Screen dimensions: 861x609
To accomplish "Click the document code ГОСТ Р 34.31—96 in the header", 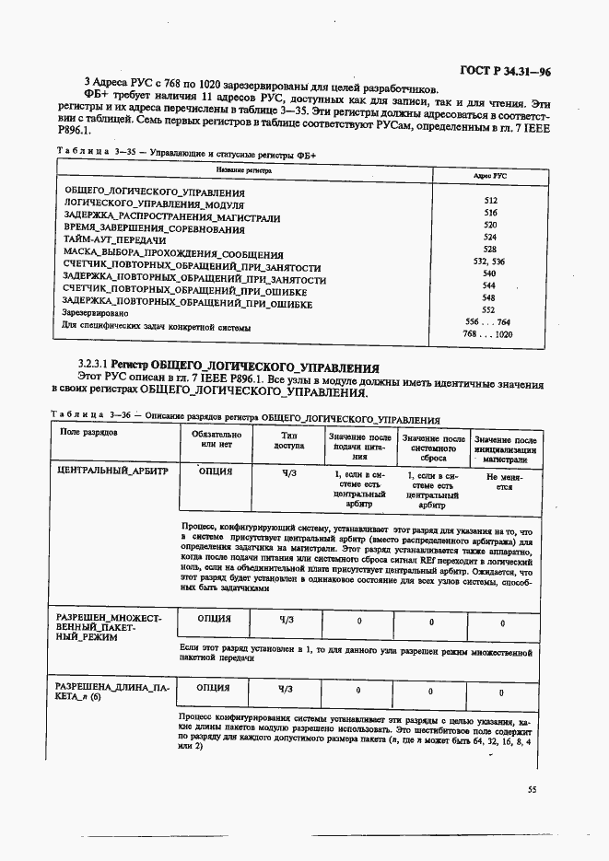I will pyautogui.click(x=505, y=71).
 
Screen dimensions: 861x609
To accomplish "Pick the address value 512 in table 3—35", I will pyautogui.click(x=490, y=200).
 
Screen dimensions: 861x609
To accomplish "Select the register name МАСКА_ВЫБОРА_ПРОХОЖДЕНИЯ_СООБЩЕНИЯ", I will pyautogui.click(x=172, y=253).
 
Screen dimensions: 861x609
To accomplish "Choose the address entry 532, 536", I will pyautogui.click(x=488, y=262).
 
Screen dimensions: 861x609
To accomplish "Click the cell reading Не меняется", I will pyautogui.click(x=504, y=483).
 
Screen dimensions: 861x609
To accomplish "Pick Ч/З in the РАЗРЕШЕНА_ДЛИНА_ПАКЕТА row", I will pyautogui.click(x=289, y=689).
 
